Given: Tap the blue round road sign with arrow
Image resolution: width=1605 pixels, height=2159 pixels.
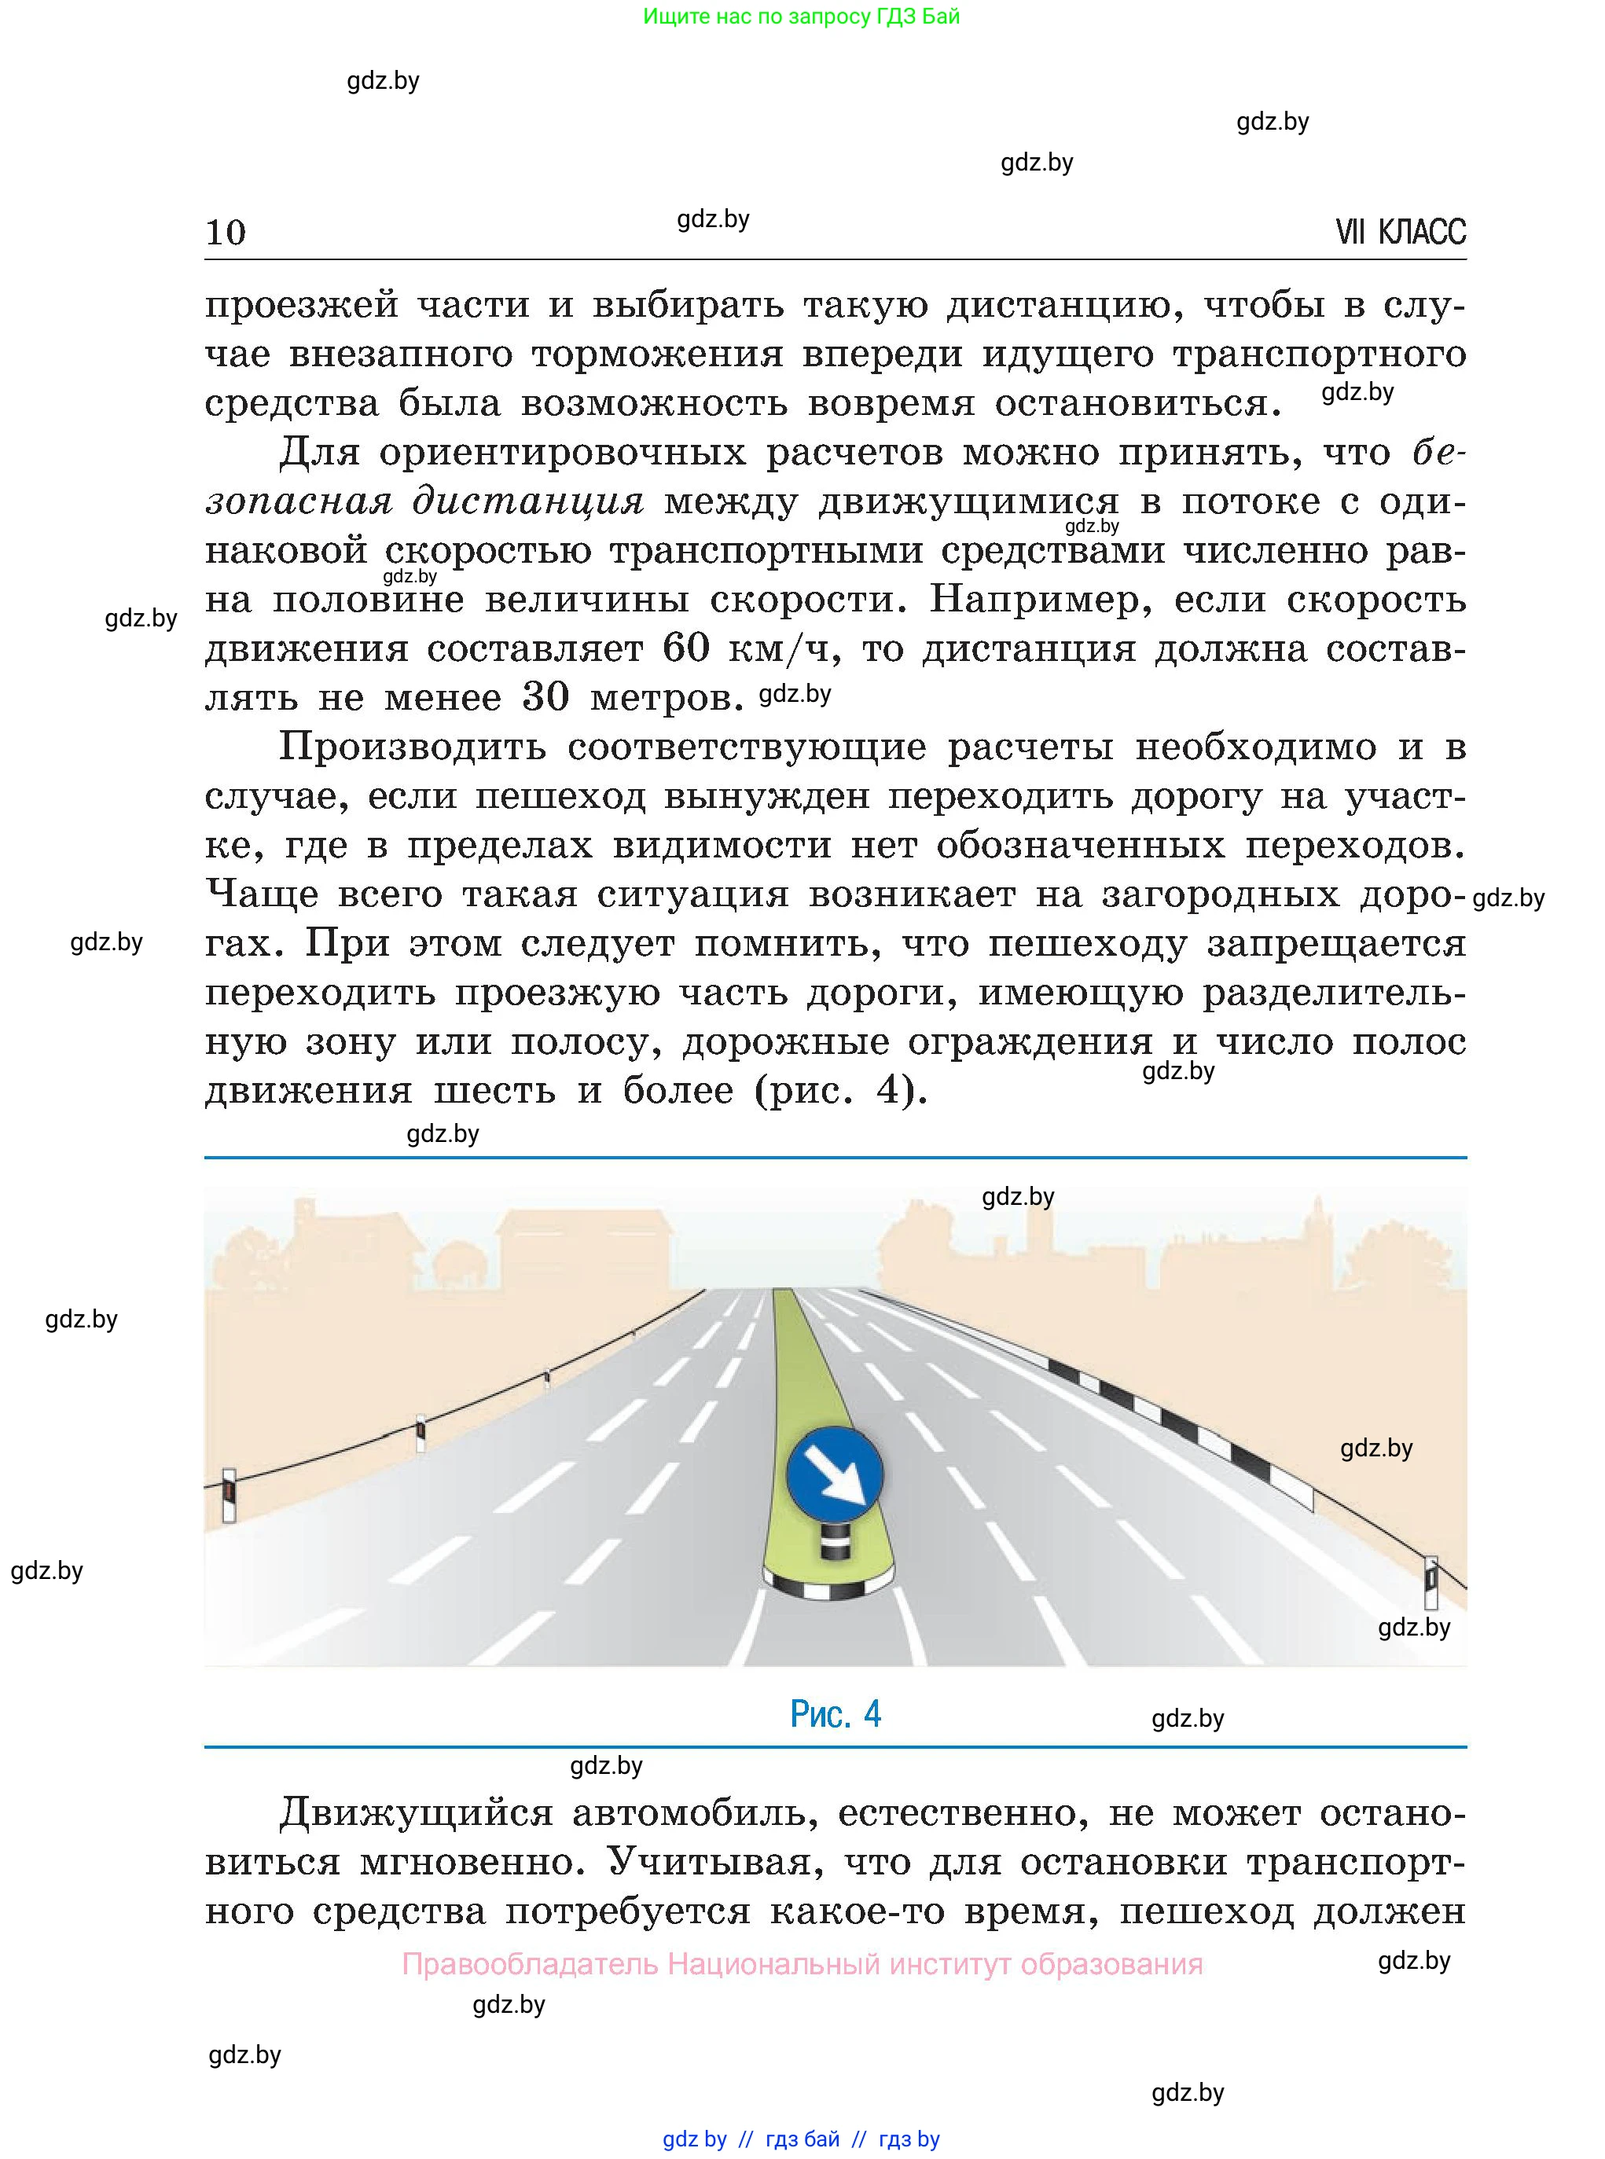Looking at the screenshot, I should coord(835,1474).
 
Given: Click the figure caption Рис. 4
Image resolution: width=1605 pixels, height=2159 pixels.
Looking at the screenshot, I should coord(835,1714).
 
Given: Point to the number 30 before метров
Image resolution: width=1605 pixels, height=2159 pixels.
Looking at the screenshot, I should coord(545,697).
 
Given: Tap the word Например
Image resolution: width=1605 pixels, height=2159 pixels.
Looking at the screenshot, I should coord(1038,599).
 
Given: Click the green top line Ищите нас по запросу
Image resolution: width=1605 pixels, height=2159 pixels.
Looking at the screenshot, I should coord(801,17).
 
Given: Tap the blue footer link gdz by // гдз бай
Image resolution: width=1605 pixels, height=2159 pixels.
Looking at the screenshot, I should coord(801,2138).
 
